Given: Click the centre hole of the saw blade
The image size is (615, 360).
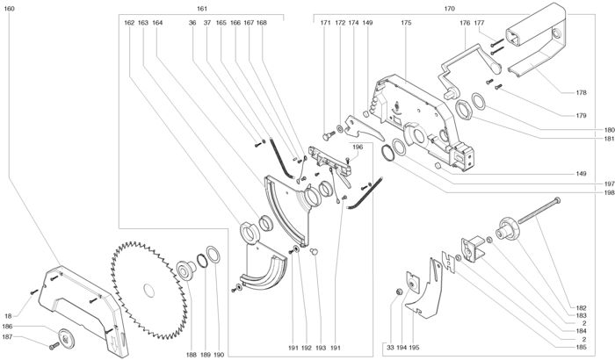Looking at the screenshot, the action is coord(149,291).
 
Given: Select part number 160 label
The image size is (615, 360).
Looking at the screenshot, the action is coord(9,8).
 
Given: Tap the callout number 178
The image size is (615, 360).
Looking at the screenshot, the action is coord(582,92).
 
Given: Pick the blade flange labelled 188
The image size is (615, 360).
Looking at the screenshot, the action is coord(186,270).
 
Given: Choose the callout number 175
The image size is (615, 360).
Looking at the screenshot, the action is coord(406,23).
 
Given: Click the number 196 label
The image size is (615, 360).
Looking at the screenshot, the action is coord(358,147).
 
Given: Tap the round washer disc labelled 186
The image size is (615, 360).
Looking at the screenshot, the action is coord(66,338).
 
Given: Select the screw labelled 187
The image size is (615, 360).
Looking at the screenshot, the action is coord(54,346).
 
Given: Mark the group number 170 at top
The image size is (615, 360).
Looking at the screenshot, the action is coord(450,8).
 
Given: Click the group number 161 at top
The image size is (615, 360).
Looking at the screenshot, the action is coord(202,8).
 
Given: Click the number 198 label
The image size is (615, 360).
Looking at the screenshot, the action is coord(609,192).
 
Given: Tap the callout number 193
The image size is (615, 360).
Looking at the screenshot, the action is coord(321,348).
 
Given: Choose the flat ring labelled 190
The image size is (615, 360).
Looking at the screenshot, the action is coord(213,255).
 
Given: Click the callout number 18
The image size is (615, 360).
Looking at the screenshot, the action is coord(8,316).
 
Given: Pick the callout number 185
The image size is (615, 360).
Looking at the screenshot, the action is coord(582,347).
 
